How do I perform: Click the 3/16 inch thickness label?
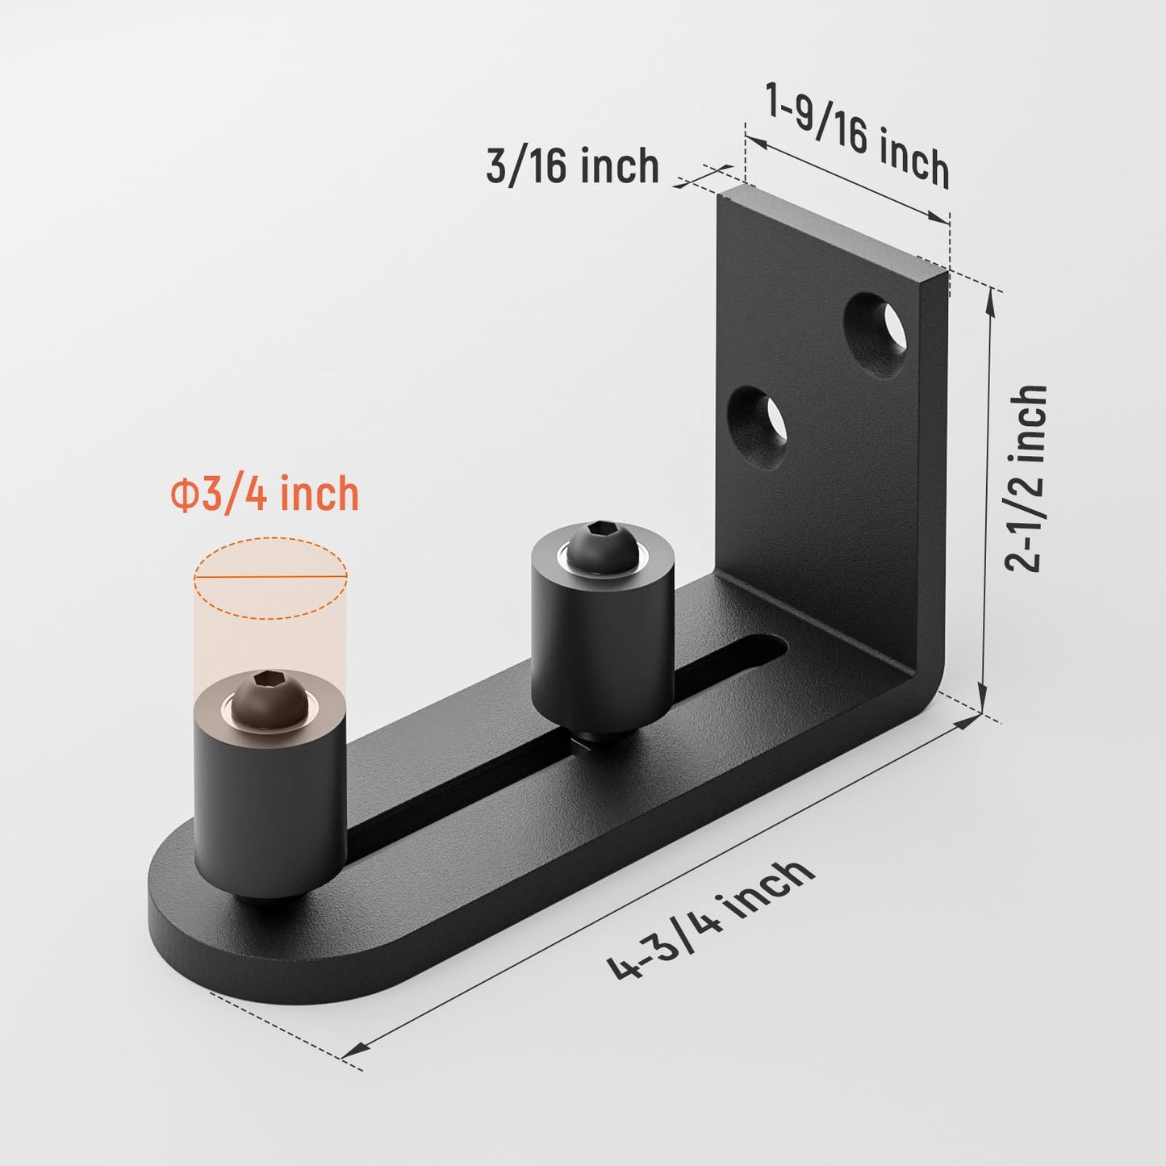point(572,166)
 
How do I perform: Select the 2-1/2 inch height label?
point(1026,479)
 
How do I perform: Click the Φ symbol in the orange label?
point(182,495)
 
